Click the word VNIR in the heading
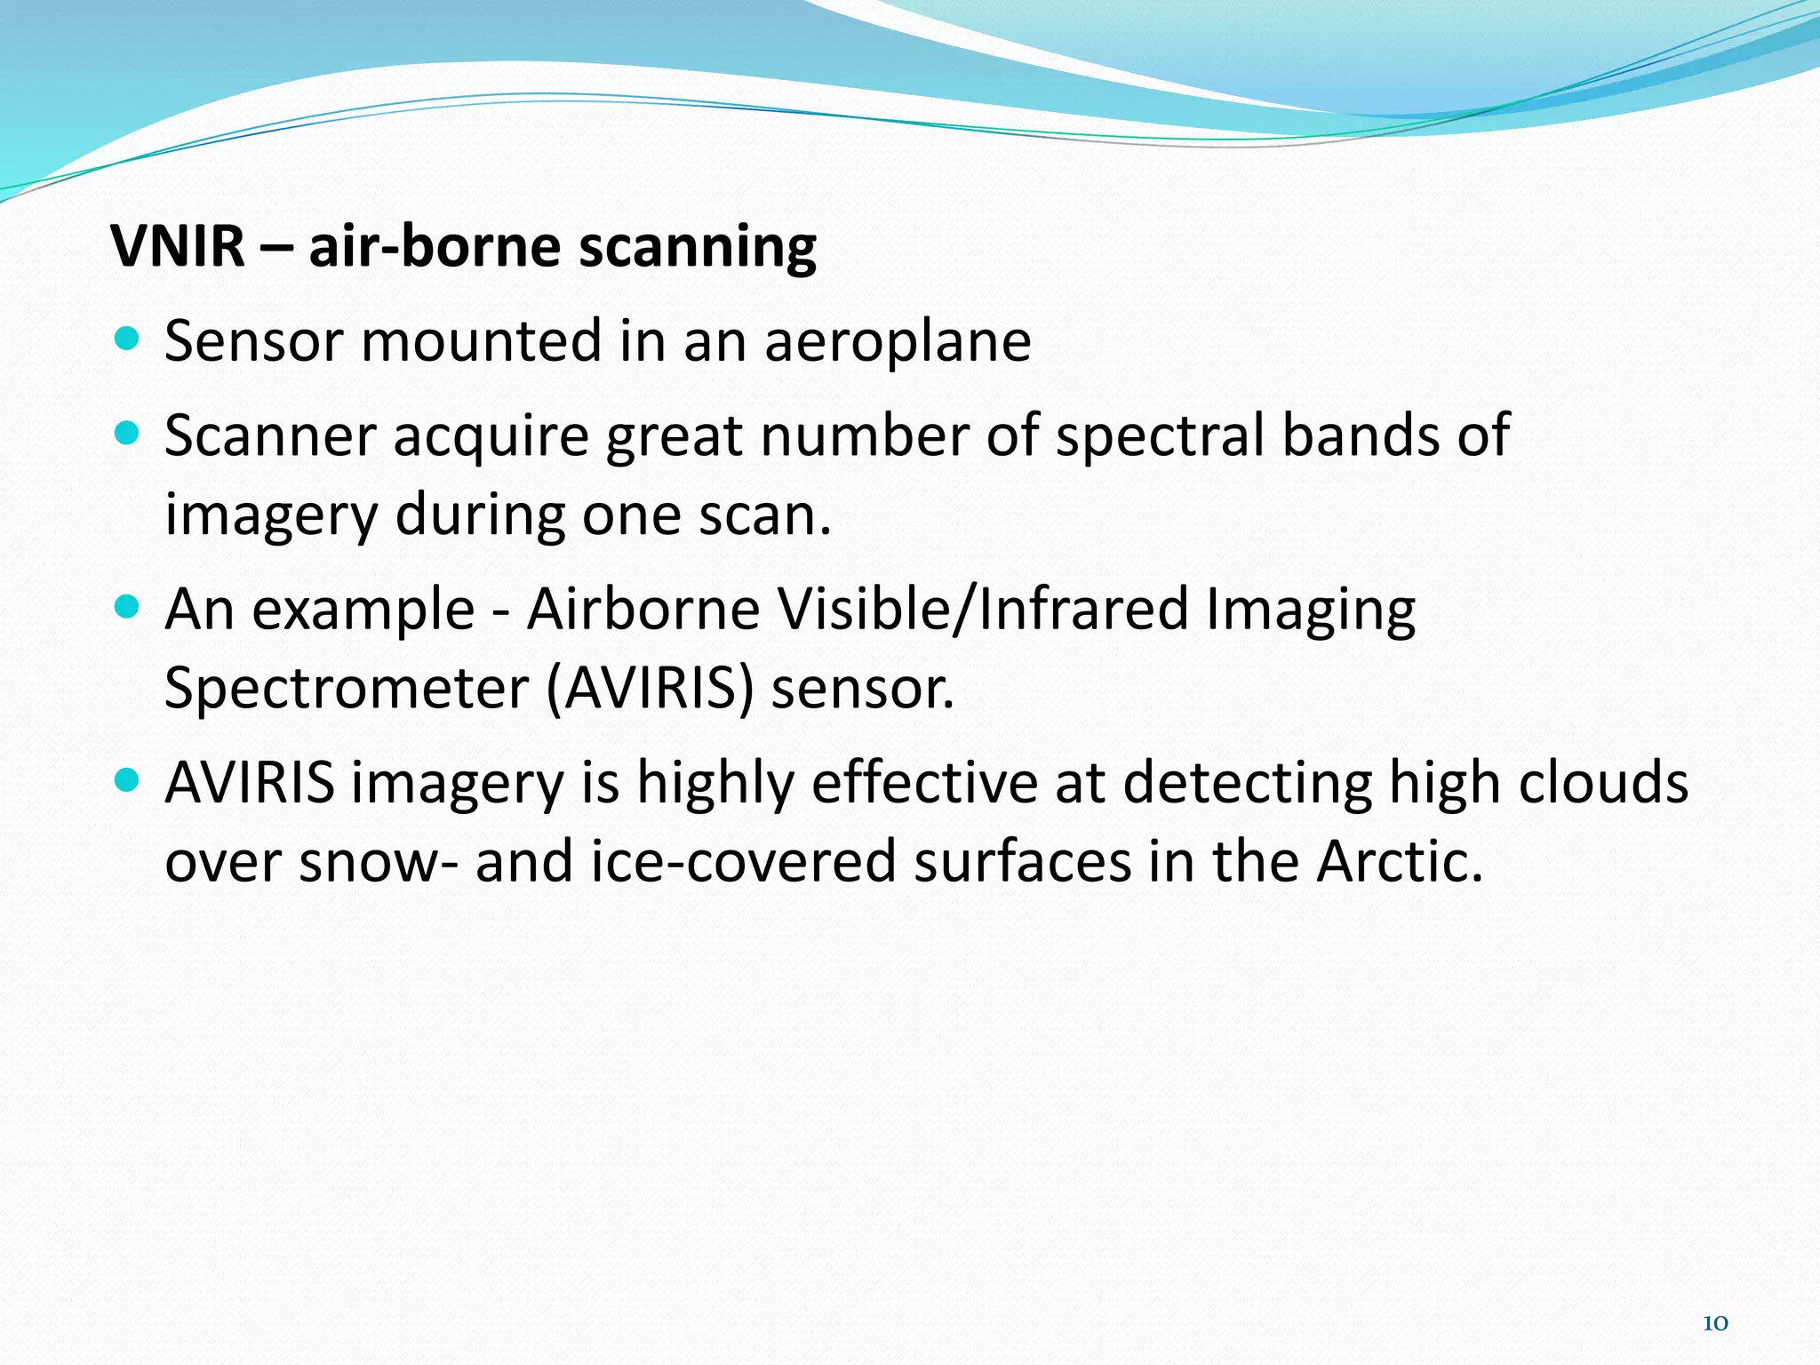pos(177,246)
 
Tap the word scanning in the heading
pos(697,249)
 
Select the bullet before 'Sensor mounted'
pos(128,339)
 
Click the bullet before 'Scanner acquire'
pos(128,434)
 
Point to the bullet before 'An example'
pos(128,607)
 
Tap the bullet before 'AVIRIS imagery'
pos(128,781)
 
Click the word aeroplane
pos(898,342)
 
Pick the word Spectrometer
pos(347,689)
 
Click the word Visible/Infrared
pos(983,610)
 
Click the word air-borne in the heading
pos(435,246)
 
